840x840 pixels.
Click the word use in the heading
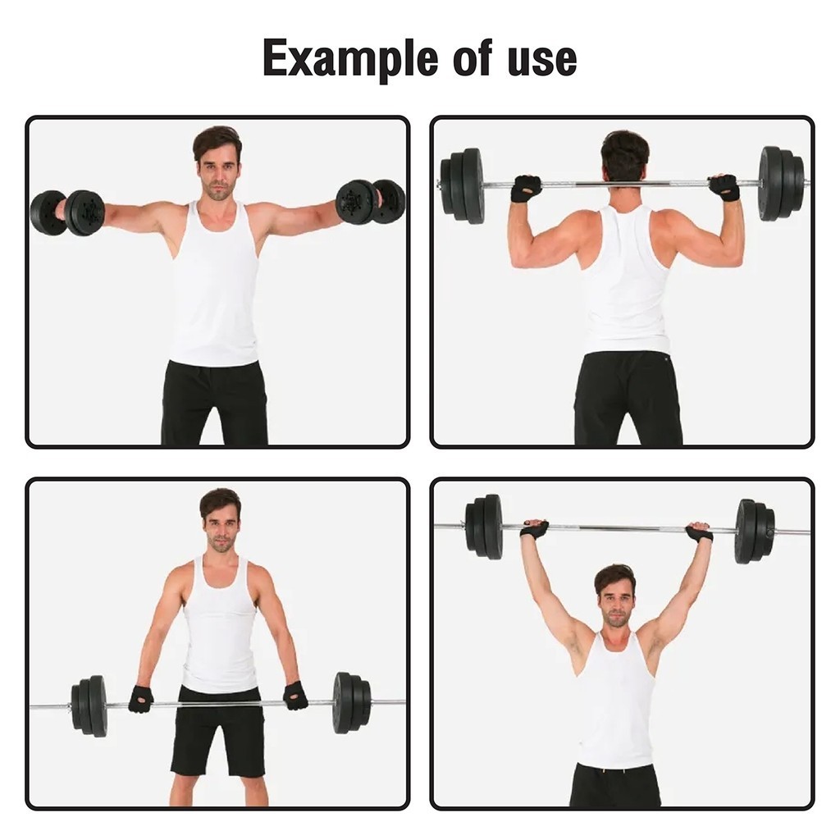pos(542,59)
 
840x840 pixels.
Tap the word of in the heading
pos(472,57)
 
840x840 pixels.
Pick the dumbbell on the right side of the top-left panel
pos(370,201)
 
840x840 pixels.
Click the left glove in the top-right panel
pos(527,188)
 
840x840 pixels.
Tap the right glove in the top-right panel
pos(724,187)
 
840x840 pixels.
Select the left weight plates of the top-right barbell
pos(463,185)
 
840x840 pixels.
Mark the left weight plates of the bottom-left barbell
pos(89,705)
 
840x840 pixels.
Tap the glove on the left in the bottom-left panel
pos(141,699)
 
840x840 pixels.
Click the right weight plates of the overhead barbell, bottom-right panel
pos(756,532)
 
